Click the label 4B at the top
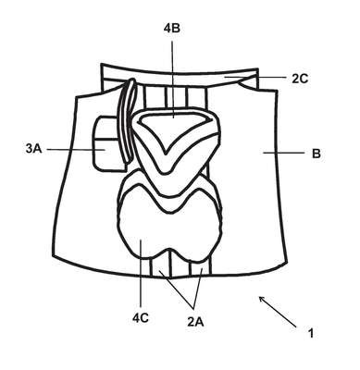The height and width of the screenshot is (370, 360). click(172, 28)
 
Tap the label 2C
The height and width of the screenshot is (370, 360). click(300, 79)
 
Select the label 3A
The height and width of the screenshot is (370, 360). click(34, 149)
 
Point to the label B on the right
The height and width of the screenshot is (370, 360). click(317, 154)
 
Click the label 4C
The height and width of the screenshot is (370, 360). click(141, 318)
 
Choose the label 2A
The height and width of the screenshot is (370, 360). click(195, 322)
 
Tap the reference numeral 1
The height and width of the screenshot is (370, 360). click(311, 333)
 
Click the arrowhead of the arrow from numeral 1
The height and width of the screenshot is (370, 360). click(261, 298)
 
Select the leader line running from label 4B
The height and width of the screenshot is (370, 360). click(172, 79)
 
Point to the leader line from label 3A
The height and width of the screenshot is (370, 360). click(76, 150)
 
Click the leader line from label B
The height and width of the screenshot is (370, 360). click(283, 153)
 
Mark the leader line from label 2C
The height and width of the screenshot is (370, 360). click(255, 77)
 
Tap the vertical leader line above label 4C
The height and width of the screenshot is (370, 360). click(141, 273)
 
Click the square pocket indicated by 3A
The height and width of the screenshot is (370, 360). click(106, 142)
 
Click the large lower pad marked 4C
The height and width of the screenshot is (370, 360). click(169, 228)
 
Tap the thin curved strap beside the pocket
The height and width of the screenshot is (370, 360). click(126, 120)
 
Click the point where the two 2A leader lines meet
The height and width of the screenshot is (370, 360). click(192, 307)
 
